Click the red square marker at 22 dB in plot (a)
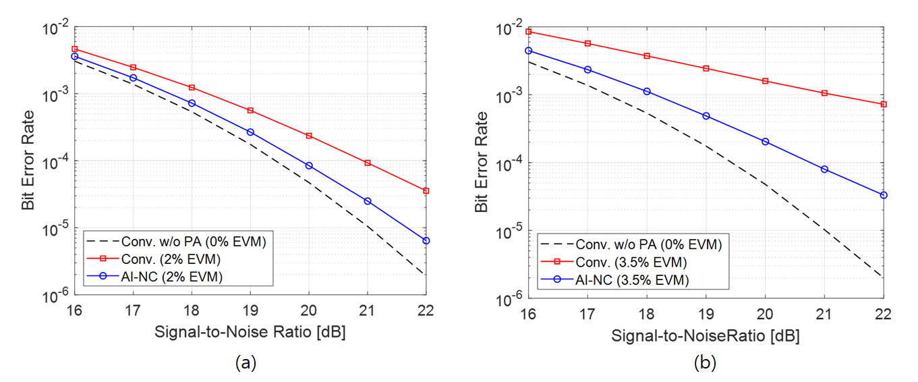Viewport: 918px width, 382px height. [426, 191]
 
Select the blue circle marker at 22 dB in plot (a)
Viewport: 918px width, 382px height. [426, 241]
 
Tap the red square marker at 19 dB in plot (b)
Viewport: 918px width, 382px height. [706, 68]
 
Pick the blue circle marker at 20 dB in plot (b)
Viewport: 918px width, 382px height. [765, 142]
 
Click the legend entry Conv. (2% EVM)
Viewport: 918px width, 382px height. [164, 259]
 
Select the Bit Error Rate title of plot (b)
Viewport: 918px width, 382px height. [482, 162]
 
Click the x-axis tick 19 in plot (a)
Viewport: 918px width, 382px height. [250, 312]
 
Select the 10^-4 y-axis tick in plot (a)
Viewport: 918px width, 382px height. [53, 162]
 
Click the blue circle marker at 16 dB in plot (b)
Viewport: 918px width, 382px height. [529, 51]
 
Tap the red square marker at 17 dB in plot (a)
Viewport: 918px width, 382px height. [133, 67]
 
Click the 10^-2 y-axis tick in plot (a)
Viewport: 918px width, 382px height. [53, 27]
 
